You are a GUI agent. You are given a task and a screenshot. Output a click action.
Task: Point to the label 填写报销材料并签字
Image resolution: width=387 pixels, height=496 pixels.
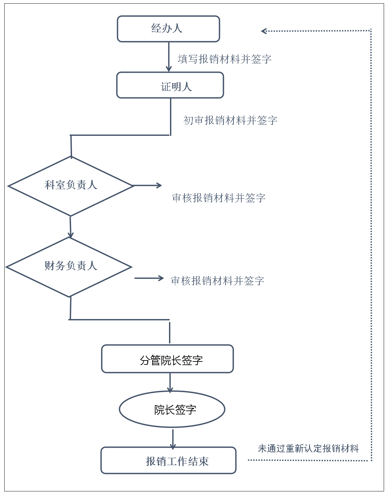point(225,59)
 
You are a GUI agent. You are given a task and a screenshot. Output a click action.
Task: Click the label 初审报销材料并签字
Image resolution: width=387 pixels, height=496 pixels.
point(230,120)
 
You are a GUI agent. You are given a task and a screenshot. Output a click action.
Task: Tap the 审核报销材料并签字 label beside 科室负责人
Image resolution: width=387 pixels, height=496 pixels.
point(219,198)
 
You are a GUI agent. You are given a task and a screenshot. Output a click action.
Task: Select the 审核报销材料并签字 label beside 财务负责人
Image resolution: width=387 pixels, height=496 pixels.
point(217,281)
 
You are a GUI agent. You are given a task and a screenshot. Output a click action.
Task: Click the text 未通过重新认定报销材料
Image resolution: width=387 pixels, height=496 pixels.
point(308,448)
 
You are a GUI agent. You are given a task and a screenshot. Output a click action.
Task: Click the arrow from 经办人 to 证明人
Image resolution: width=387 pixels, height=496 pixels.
point(169,57)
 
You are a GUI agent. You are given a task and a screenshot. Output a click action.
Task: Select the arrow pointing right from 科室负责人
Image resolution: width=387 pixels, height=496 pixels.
point(148,186)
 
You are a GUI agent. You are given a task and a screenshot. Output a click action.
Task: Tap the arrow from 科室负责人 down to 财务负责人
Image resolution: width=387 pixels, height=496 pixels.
point(70,227)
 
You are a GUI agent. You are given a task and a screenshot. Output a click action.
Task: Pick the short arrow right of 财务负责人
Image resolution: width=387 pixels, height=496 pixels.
point(149,278)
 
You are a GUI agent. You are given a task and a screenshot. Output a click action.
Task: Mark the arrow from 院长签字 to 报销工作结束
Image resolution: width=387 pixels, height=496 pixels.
point(173,439)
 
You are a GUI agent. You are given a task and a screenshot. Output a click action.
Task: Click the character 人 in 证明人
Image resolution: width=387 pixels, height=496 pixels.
point(187,87)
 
